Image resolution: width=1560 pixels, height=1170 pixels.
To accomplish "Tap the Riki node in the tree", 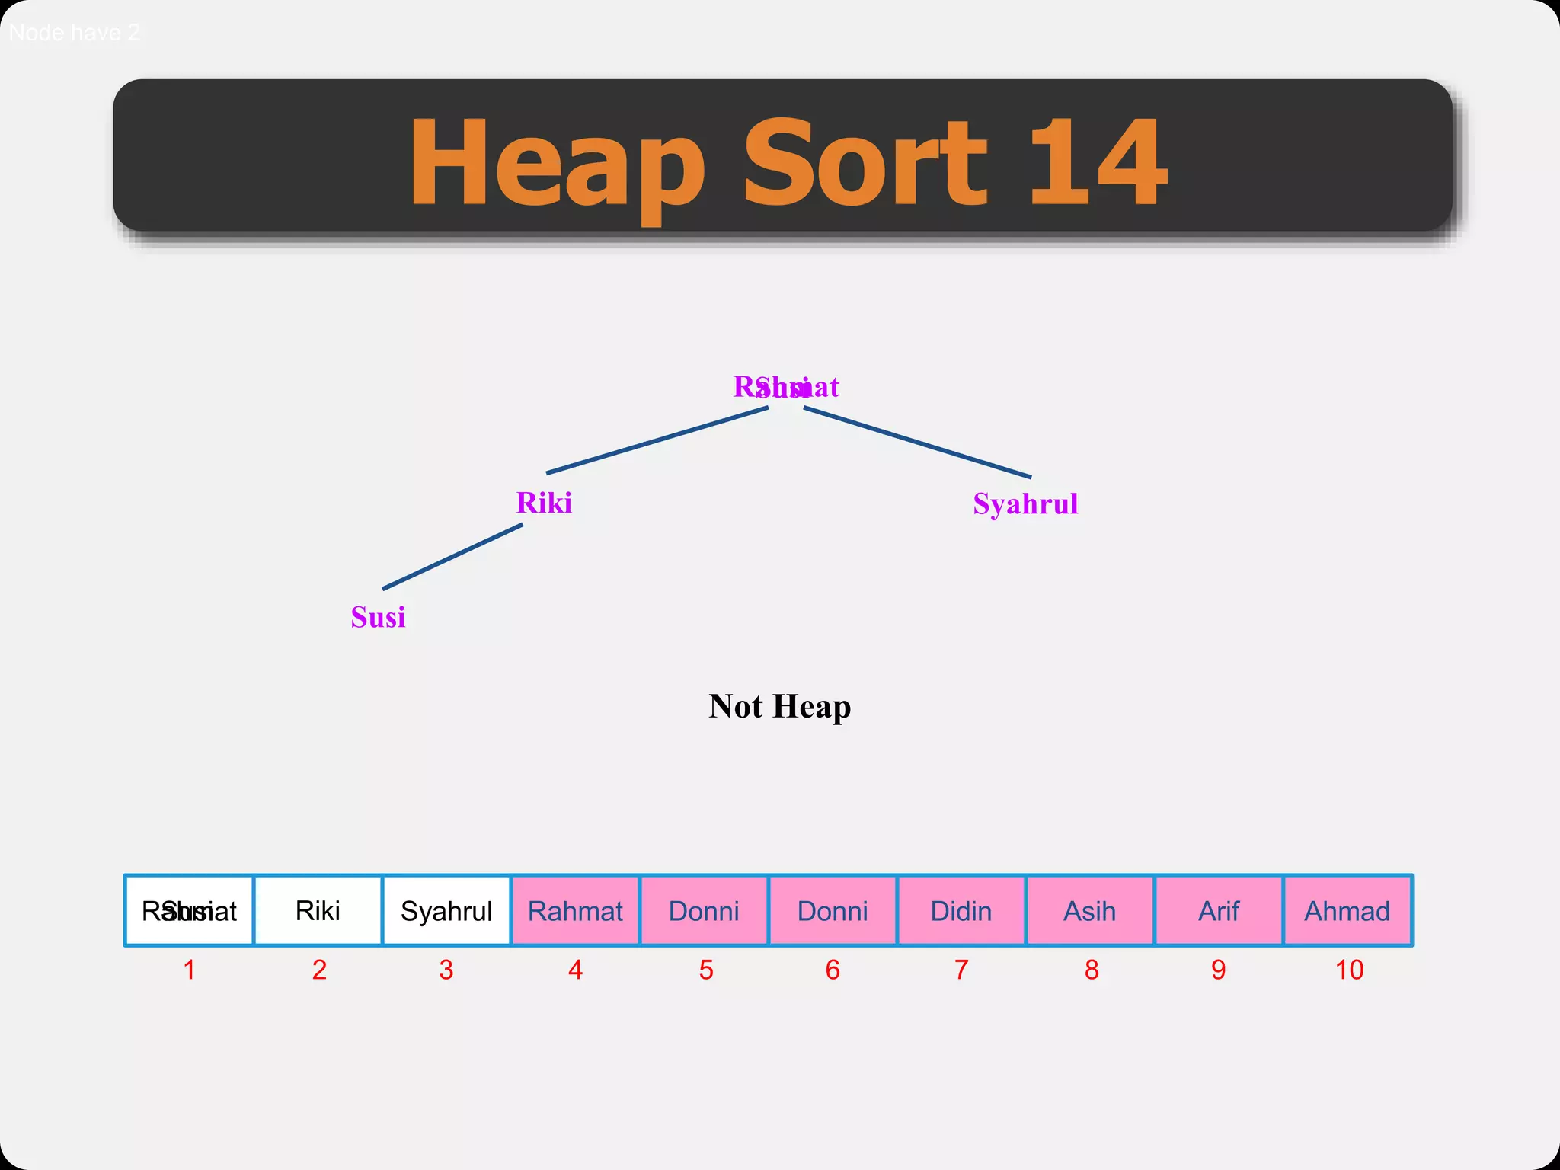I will [544, 503].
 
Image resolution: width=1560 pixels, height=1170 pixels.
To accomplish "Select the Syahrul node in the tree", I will [1025, 504].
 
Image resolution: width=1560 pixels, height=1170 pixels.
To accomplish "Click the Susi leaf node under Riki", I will [378, 617].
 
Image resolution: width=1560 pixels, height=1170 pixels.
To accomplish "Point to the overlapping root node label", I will [785, 387].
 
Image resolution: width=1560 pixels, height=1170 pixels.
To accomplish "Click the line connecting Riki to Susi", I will [452, 557].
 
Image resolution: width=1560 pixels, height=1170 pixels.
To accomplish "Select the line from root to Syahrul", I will [917, 443].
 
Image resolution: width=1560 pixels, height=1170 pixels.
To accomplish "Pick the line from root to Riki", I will [657, 440].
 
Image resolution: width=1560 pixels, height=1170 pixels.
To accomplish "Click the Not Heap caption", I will [779, 706].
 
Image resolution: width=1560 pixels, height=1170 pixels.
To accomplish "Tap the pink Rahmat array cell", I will [575, 911].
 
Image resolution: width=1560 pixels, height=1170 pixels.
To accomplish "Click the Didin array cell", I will [961, 911].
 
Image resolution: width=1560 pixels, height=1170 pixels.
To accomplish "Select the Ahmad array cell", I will [1347, 911].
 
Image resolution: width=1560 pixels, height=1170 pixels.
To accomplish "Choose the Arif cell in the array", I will [1219, 911].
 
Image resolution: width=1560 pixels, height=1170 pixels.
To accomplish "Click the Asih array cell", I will [1089, 911].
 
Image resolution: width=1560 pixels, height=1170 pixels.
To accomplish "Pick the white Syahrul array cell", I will [446, 911].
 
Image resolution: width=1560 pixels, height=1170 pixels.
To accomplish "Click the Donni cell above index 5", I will [704, 911].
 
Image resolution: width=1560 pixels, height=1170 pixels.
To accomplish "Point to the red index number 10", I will [1349, 970].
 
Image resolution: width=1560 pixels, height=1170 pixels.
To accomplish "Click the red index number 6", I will [833, 970].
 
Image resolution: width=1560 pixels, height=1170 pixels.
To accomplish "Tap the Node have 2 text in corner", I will [74, 33].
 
